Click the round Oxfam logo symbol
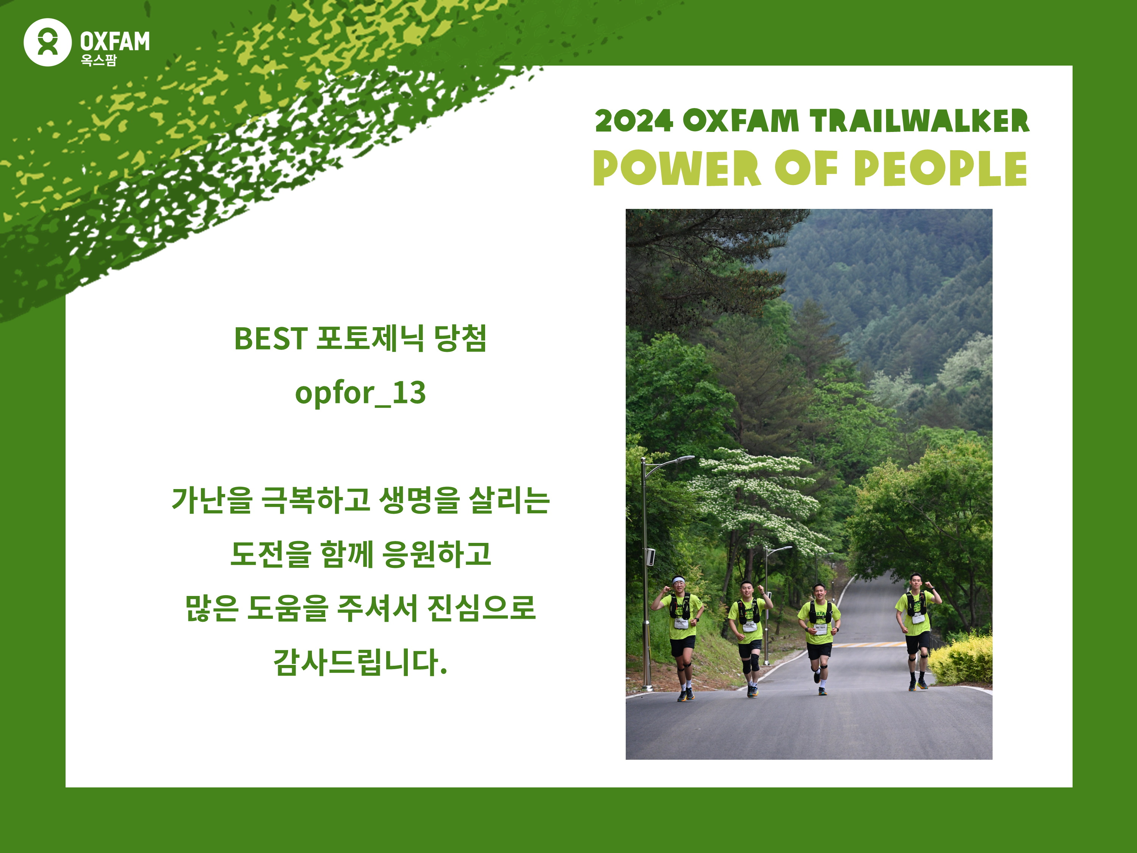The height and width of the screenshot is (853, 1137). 47,42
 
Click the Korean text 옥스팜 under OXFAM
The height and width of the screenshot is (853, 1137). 99,60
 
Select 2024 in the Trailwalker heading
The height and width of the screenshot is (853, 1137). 634,121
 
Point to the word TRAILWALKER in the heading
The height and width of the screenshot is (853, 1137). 919,121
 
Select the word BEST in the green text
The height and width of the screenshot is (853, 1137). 270,339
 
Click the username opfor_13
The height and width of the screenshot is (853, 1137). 360,394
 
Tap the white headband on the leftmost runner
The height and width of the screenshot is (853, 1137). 678,581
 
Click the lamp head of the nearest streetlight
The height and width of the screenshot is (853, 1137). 685,458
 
